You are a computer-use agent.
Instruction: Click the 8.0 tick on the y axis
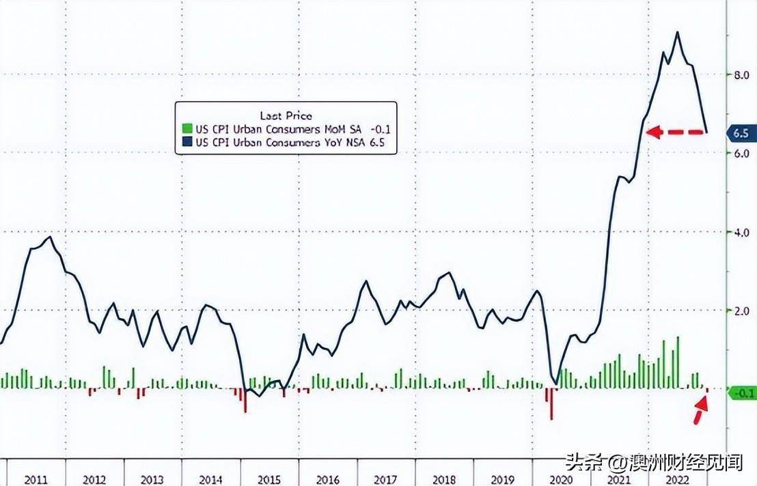click(x=741, y=75)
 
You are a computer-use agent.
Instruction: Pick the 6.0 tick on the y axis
click(x=741, y=154)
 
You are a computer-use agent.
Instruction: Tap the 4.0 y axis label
click(x=741, y=232)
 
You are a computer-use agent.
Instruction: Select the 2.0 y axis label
click(x=741, y=311)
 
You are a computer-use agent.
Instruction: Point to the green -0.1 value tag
click(x=741, y=392)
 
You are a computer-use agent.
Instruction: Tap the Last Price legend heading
click(x=286, y=115)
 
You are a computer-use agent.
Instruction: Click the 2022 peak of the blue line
click(x=677, y=32)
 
